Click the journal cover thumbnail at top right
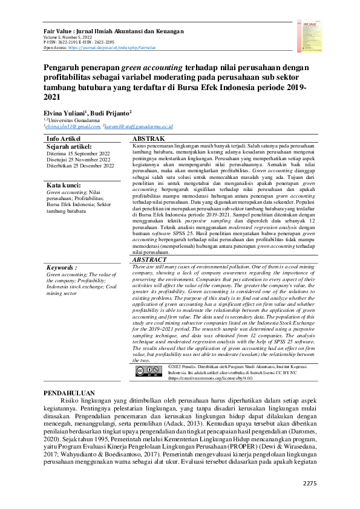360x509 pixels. tap(307, 33)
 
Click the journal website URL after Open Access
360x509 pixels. tap(111, 47)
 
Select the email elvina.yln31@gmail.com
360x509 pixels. tap(72, 126)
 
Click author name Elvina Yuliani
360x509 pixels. tap(65, 112)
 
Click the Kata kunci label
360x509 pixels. tap(64, 184)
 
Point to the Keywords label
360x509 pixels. tap(62, 267)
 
